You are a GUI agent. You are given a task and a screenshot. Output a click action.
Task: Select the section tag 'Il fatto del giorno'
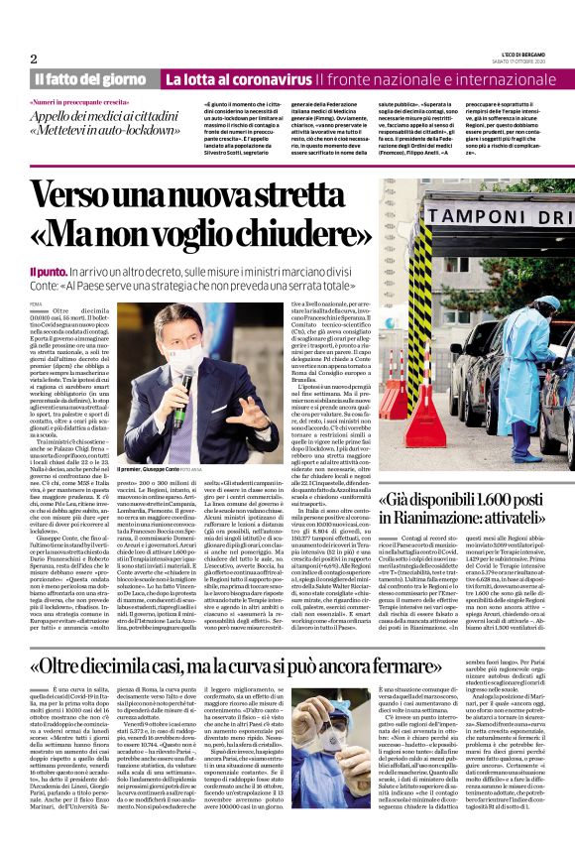tap(92, 79)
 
